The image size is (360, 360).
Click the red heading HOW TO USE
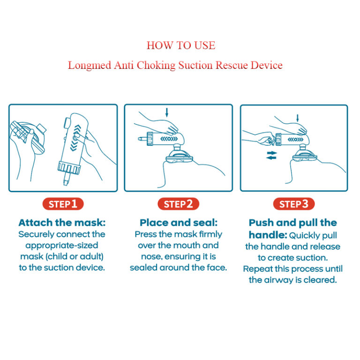(x=180, y=45)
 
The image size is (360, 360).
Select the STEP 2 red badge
(x=178, y=204)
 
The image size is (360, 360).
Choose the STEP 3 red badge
(x=293, y=204)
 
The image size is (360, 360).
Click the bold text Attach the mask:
(x=62, y=223)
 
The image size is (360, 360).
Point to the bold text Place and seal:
(x=178, y=223)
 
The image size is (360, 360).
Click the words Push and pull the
(x=293, y=223)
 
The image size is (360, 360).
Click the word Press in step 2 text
(x=146, y=234)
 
